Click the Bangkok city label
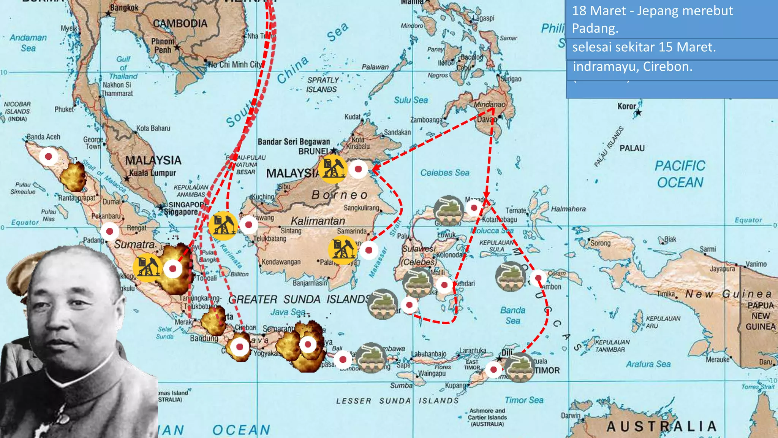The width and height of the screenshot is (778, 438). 124,8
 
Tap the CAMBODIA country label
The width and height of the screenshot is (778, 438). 180,24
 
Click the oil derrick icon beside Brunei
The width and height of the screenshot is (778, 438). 332,168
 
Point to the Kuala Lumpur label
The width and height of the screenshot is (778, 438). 153,173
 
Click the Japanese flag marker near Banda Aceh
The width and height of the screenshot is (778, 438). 49,156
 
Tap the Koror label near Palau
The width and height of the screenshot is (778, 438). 626,106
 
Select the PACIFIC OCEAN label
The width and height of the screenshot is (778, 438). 680,174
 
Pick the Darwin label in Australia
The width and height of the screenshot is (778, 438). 571,416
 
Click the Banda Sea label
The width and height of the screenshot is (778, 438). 512,316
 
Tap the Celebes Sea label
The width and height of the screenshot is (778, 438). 444,173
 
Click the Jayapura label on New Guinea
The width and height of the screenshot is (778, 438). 722,269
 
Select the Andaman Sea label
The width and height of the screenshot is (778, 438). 28,43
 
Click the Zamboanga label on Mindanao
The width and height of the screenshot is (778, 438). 426,120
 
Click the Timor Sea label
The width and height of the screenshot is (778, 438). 524,400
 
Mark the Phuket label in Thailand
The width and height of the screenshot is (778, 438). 64,109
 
